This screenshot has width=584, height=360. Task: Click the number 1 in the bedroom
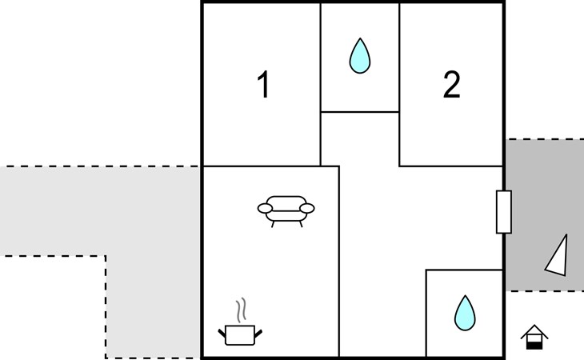264,84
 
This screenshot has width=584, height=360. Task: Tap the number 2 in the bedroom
451,85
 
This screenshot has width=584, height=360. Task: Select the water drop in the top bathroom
360,56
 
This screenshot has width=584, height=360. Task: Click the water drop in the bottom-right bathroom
465,313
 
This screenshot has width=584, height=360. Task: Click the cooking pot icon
240,335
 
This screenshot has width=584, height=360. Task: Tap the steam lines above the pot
241,310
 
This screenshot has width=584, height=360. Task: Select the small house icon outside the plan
534,337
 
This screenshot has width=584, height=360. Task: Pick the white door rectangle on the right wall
504,212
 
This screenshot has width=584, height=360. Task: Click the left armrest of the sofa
265,209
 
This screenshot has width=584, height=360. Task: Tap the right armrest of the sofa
307,209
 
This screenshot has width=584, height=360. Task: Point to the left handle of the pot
222,333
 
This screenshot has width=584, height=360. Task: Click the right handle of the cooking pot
258,333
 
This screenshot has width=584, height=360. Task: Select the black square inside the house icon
534,346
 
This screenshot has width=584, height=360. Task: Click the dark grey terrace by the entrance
545,215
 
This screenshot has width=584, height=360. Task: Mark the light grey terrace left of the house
101,211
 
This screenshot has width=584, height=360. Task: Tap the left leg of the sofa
273,224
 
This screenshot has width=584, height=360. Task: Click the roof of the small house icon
534,331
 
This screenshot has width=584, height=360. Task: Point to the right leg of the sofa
301,224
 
